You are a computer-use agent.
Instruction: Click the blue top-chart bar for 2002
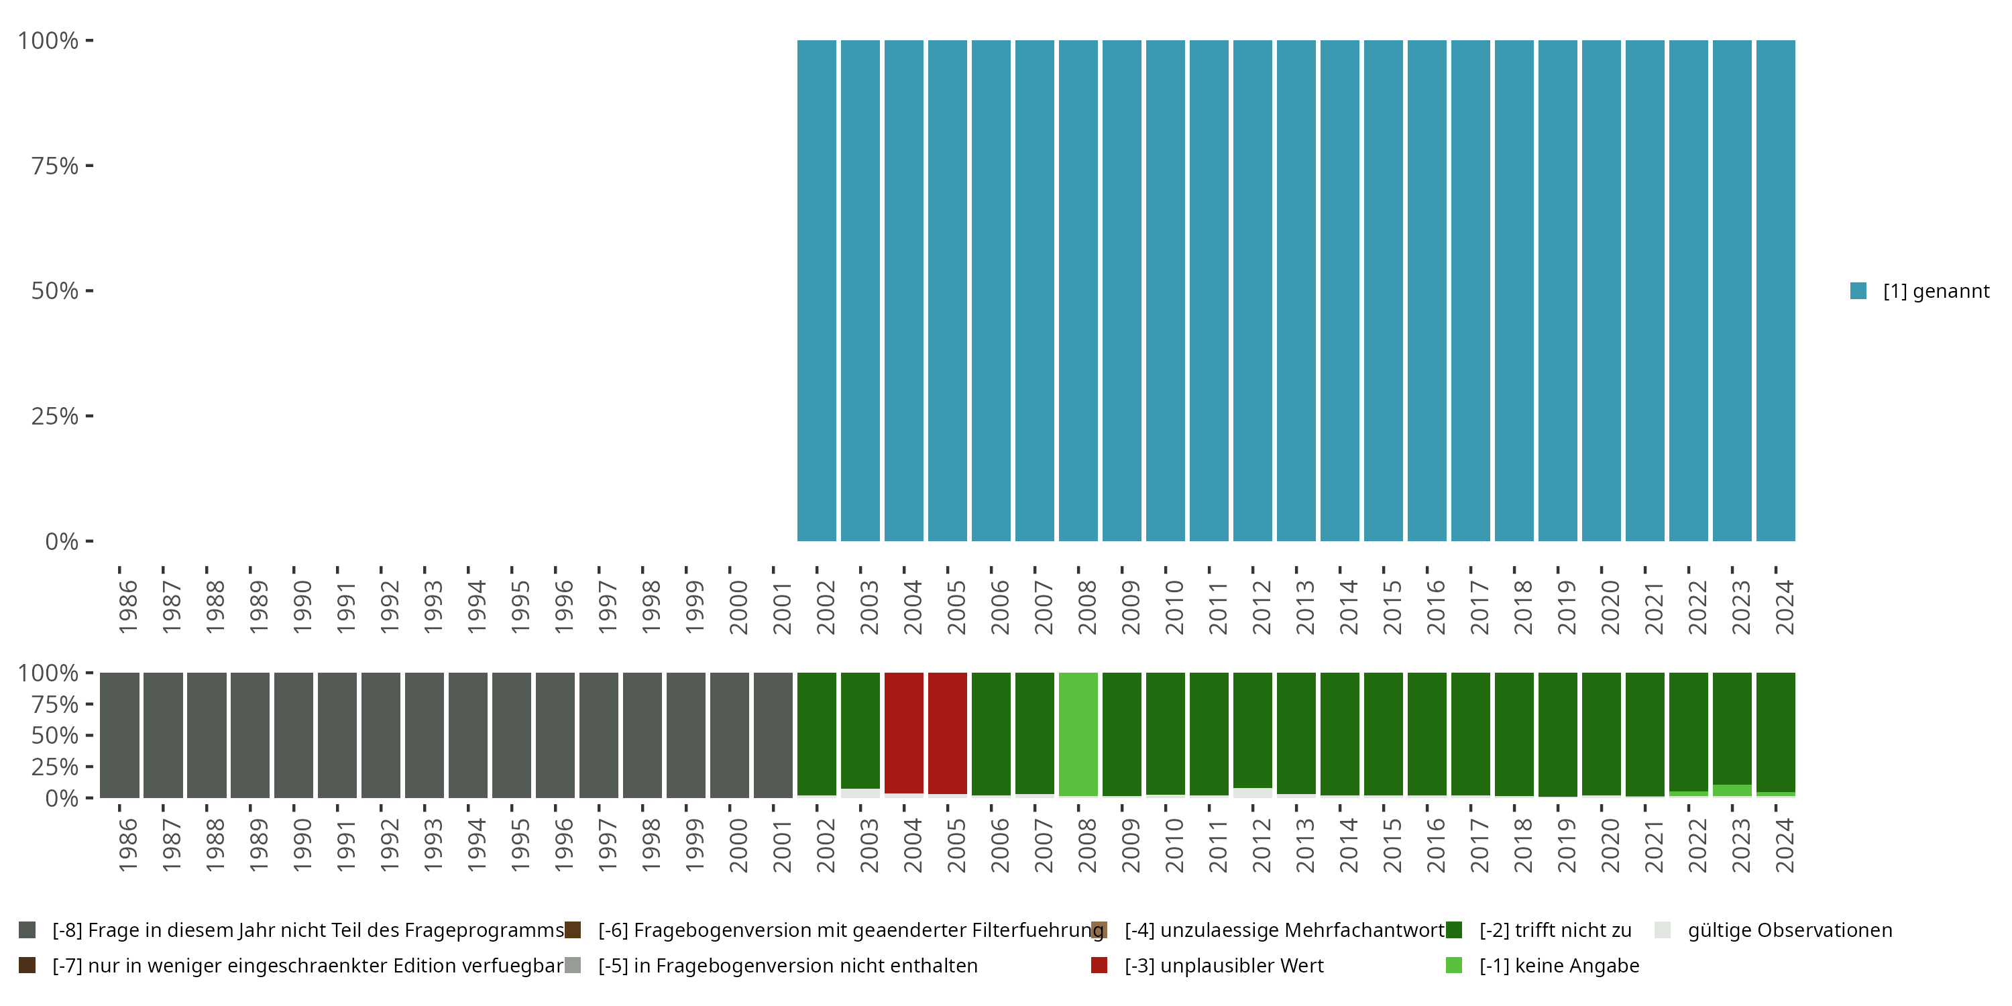click(x=816, y=290)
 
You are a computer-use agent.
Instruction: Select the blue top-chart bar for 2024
click(x=1775, y=290)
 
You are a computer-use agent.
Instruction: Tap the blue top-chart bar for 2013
click(x=1296, y=290)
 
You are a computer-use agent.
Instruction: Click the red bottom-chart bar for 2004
click(x=903, y=732)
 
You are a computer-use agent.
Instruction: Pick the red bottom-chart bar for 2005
click(x=948, y=732)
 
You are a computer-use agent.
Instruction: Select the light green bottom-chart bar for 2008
click(x=1078, y=734)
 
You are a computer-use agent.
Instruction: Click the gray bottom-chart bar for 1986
click(x=119, y=735)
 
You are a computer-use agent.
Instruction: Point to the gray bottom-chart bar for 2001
click(x=773, y=735)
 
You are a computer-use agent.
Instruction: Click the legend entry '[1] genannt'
click(x=1936, y=291)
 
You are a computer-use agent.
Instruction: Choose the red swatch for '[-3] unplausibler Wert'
click(x=1099, y=965)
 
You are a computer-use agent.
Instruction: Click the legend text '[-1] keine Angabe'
click(x=1559, y=965)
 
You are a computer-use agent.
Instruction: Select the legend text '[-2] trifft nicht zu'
click(x=1555, y=930)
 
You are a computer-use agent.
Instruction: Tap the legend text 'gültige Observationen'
click(x=1789, y=930)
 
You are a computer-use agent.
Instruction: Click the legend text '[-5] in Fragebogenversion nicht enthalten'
click(x=787, y=965)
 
